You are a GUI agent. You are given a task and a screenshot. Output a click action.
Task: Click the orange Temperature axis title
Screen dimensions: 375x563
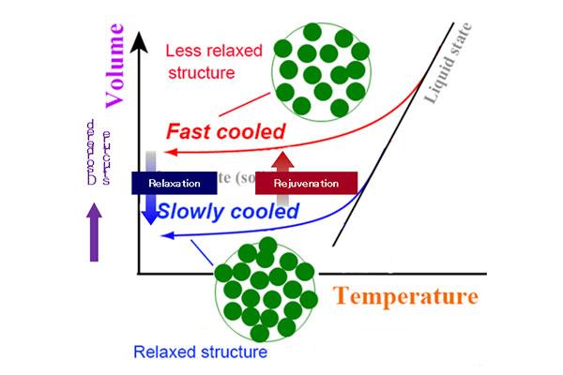tap(403, 297)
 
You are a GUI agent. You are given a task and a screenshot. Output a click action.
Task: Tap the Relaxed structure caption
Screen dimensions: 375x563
tap(200, 353)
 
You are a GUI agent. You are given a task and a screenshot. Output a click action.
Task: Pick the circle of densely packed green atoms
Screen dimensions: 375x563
tap(265, 288)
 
